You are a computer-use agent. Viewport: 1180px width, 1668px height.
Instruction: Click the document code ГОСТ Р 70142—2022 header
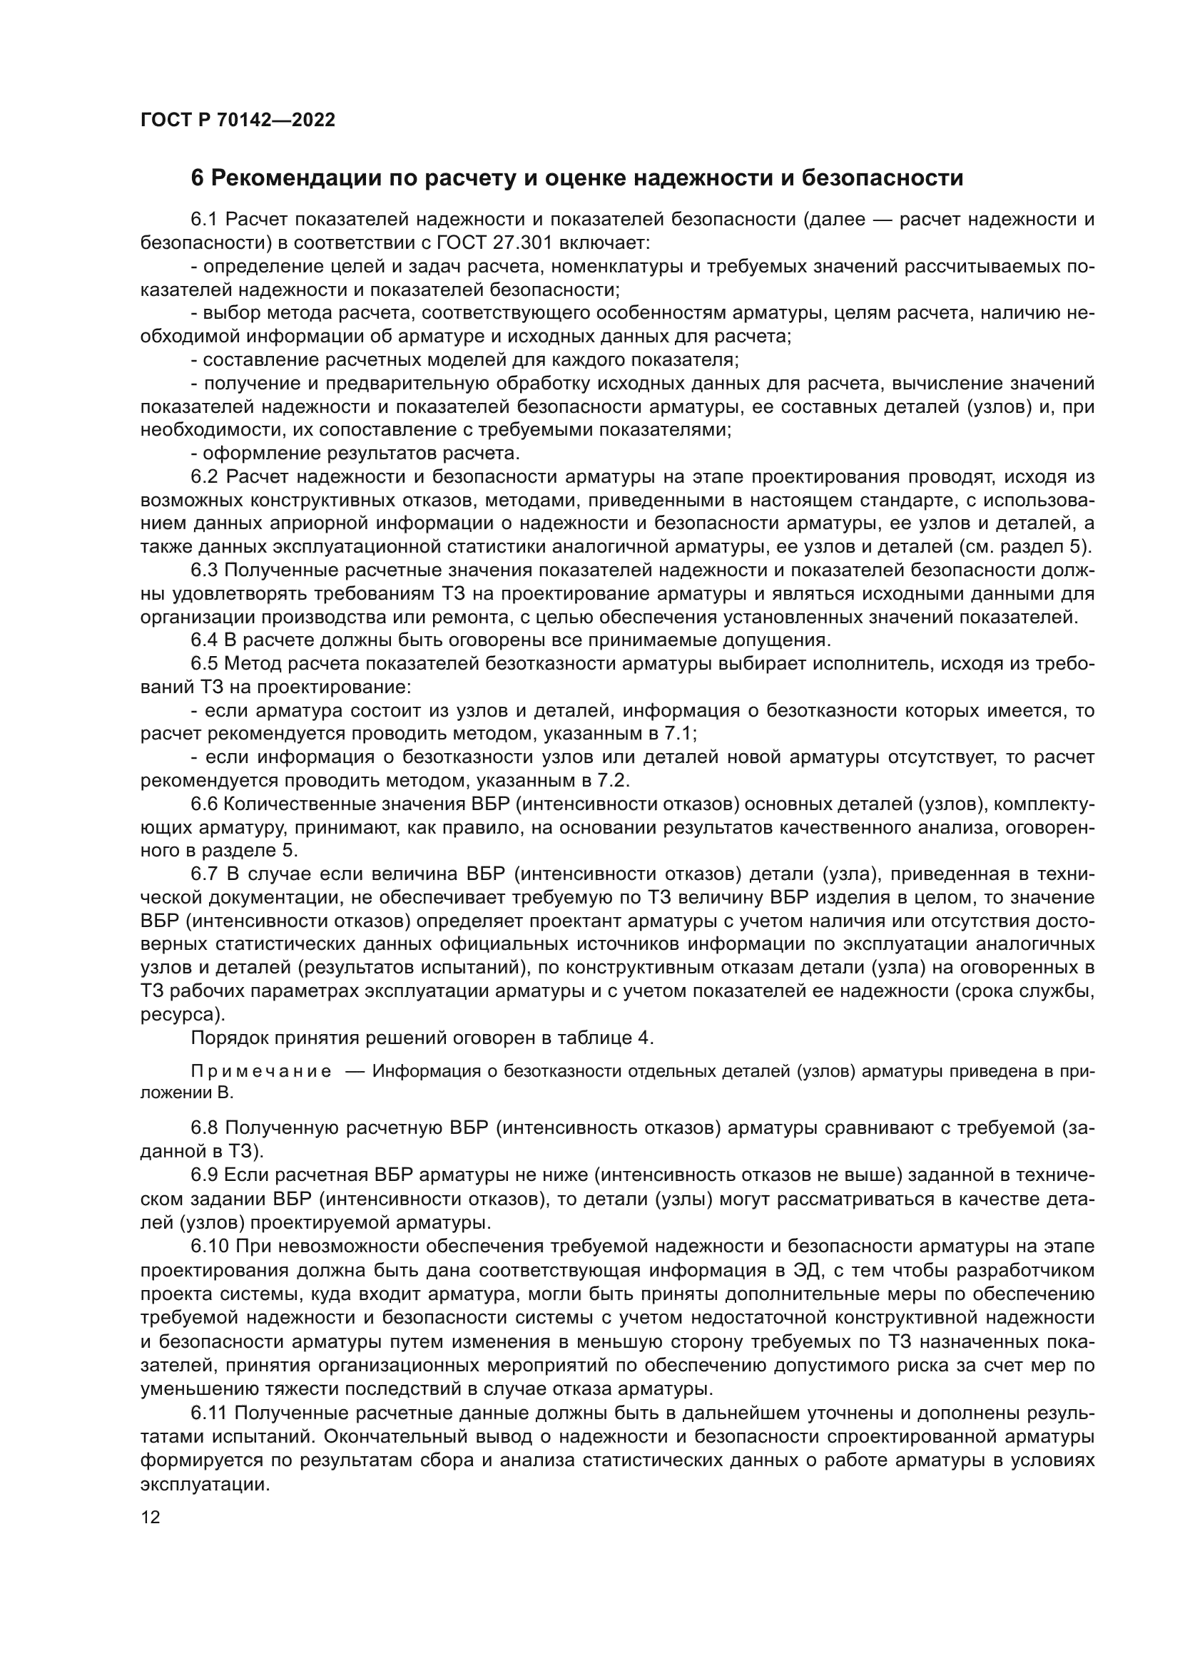click(238, 120)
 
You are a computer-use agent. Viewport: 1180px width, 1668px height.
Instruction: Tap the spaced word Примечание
click(261, 1072)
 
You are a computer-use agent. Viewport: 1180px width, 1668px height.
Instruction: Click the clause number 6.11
click(210, 1413)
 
